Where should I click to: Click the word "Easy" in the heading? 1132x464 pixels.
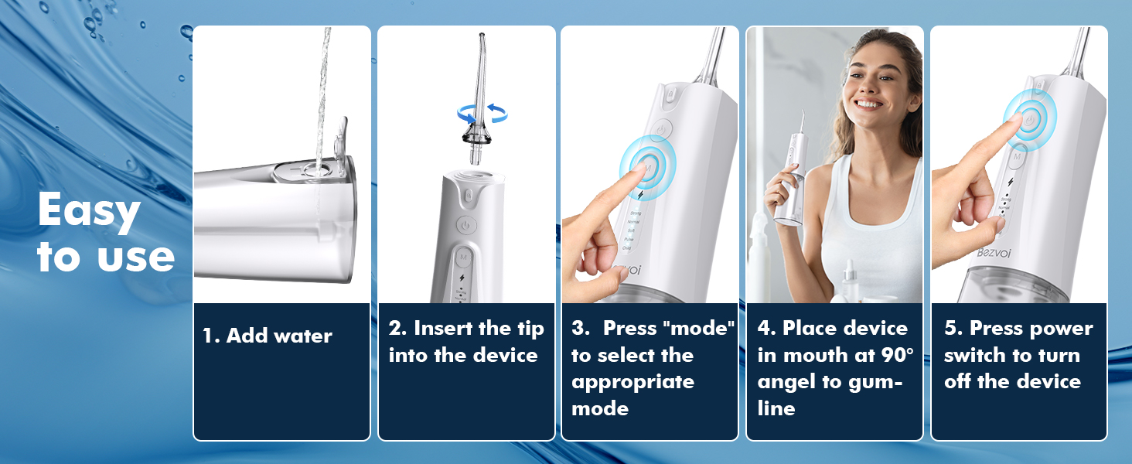click(89, 210)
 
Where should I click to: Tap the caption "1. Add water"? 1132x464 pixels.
click(268, 336)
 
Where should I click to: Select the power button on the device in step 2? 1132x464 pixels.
click(465, 225)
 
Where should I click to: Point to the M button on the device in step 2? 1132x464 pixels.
click(464, 254)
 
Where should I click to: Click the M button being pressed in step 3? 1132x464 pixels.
click(648, 164)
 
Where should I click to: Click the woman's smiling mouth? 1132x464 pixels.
click(868, 104)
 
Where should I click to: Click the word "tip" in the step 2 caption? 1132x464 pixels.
click(530, 328)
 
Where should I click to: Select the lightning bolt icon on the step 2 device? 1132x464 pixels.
click(463, 277)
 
